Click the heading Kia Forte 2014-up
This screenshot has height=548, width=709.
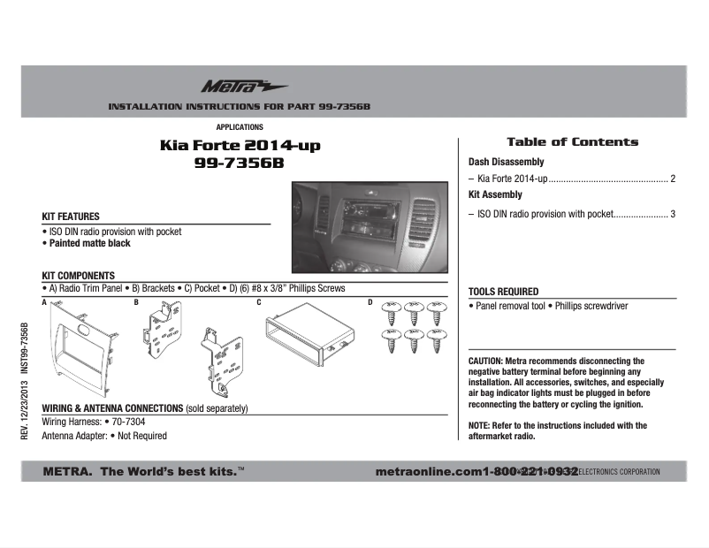pos(240,146)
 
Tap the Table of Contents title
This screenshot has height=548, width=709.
pos(572,142)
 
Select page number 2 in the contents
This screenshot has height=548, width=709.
pos(673,179)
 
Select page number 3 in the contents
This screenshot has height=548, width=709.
pos(673,214)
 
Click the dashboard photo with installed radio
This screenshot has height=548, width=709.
pos(369,227)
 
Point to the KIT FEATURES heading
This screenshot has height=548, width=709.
pos(71,217)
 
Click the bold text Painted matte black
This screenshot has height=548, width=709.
pos(88,243)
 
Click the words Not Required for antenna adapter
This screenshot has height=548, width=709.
pos(142,436)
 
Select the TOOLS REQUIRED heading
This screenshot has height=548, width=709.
pos(503,292)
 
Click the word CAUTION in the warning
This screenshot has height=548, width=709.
pos(485,362)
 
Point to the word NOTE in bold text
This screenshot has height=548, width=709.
pos(479,426)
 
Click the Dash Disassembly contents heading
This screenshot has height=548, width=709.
pos(506,163)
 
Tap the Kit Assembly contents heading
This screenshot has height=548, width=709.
pos(495,195)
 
